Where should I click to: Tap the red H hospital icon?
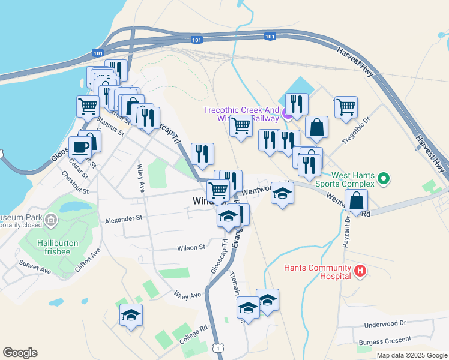coord(360,271)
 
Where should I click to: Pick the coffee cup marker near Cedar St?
coord(80,147)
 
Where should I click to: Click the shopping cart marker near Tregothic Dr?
coord(346,107)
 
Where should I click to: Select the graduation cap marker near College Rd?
coord(131,314)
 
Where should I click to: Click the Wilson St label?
coord(191,247)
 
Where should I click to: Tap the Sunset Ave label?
coord(34,266)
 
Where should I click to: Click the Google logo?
coord(20,353)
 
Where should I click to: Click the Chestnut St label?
coord(74,183)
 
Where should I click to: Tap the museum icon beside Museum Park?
coord(50,221)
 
